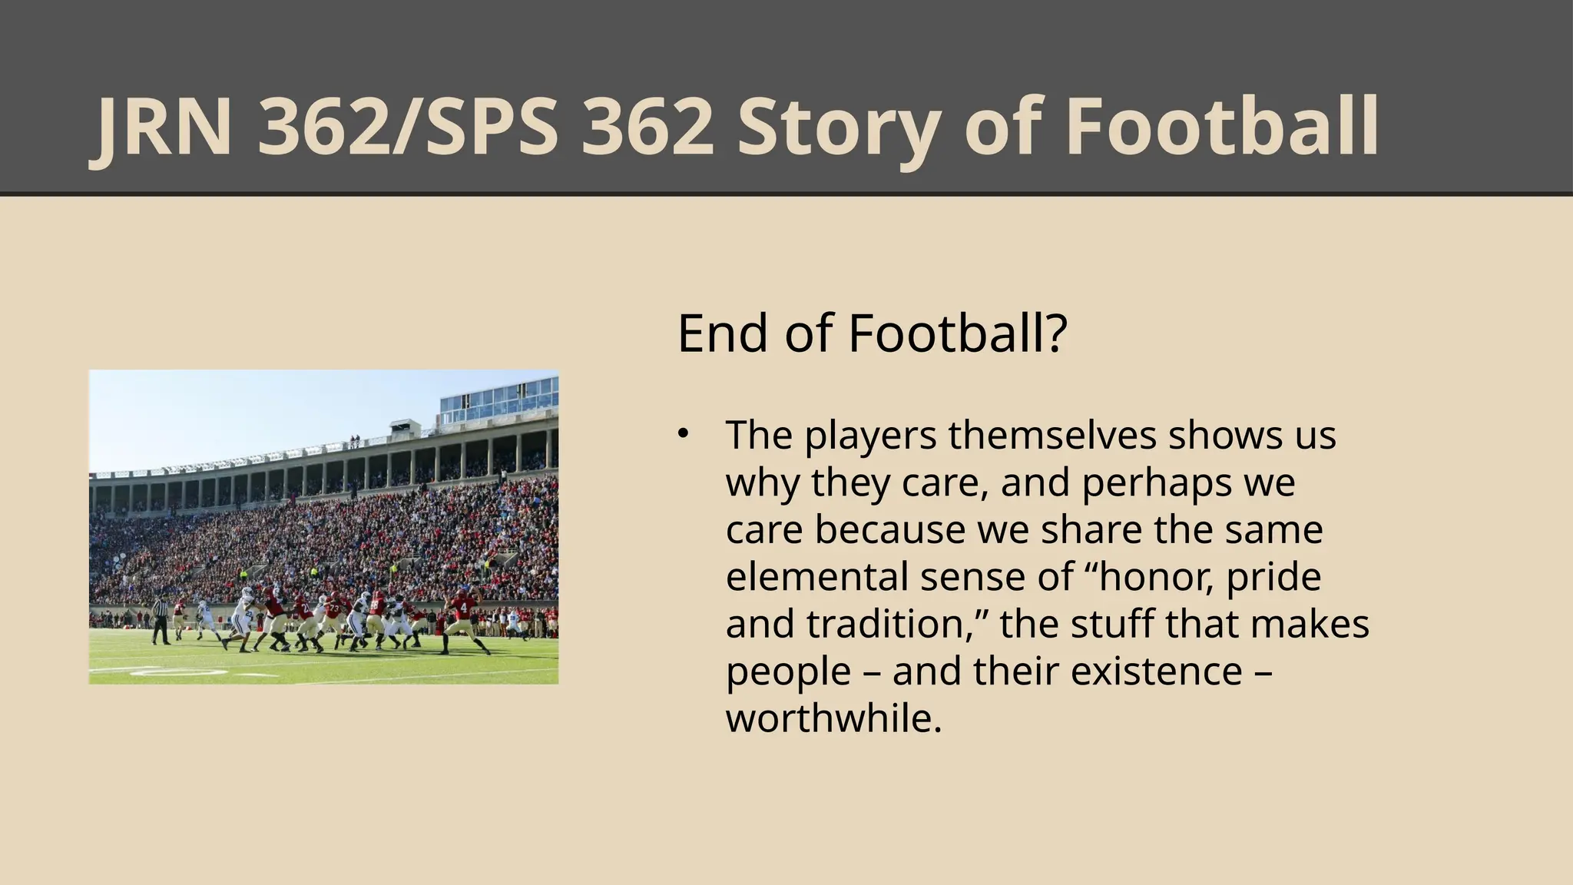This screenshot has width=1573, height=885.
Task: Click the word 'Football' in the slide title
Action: click(1222, 128)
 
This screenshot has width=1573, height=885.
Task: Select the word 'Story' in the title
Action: click(838, 128)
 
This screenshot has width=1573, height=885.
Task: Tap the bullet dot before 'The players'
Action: click(682, 434)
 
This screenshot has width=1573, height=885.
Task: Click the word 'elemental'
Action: click(816, 577)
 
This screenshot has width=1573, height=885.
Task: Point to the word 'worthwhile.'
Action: click(833, 718)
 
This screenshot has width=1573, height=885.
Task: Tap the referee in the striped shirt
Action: click(161, 618)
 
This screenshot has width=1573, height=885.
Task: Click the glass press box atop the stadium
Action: click(498, 399)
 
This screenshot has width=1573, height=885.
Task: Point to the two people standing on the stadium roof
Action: click(354, 442)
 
